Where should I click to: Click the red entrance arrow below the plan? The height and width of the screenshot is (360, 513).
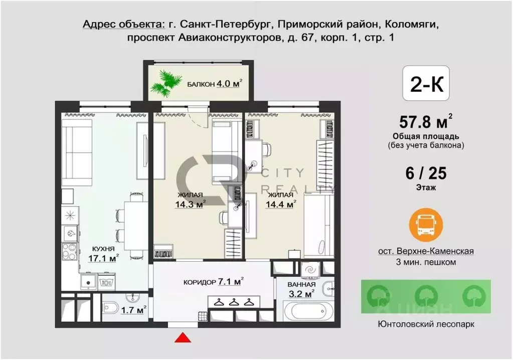click(x=183, y=337)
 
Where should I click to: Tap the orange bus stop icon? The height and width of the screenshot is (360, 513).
click(x=426, y=225)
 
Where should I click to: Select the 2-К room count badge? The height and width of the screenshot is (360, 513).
click(x=426, y=83)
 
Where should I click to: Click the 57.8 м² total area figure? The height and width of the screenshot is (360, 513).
click(x=426, y=122)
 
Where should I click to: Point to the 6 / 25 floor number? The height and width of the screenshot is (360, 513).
click(x=426, y=173)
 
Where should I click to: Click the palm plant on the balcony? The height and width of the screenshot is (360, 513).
click(x=166, y=83)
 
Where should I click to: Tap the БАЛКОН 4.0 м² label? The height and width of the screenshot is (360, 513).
click(x=214, y=84)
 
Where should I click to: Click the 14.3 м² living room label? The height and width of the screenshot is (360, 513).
click(x=190, y=200)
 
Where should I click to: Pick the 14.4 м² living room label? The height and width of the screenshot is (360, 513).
click(x=281, y=200)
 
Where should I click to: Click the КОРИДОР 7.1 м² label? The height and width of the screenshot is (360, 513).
click(x=213, y=281)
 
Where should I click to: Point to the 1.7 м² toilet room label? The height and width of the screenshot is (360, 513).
click(x=133, y=309)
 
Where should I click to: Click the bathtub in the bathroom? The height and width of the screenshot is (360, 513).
click(x=308, y=312)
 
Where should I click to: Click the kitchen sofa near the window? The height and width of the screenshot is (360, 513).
click(x=77, y=153)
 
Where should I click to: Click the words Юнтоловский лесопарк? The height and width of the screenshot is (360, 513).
click(x=426, y=324)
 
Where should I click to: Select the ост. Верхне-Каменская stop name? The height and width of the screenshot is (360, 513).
click(x=426, y=251)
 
